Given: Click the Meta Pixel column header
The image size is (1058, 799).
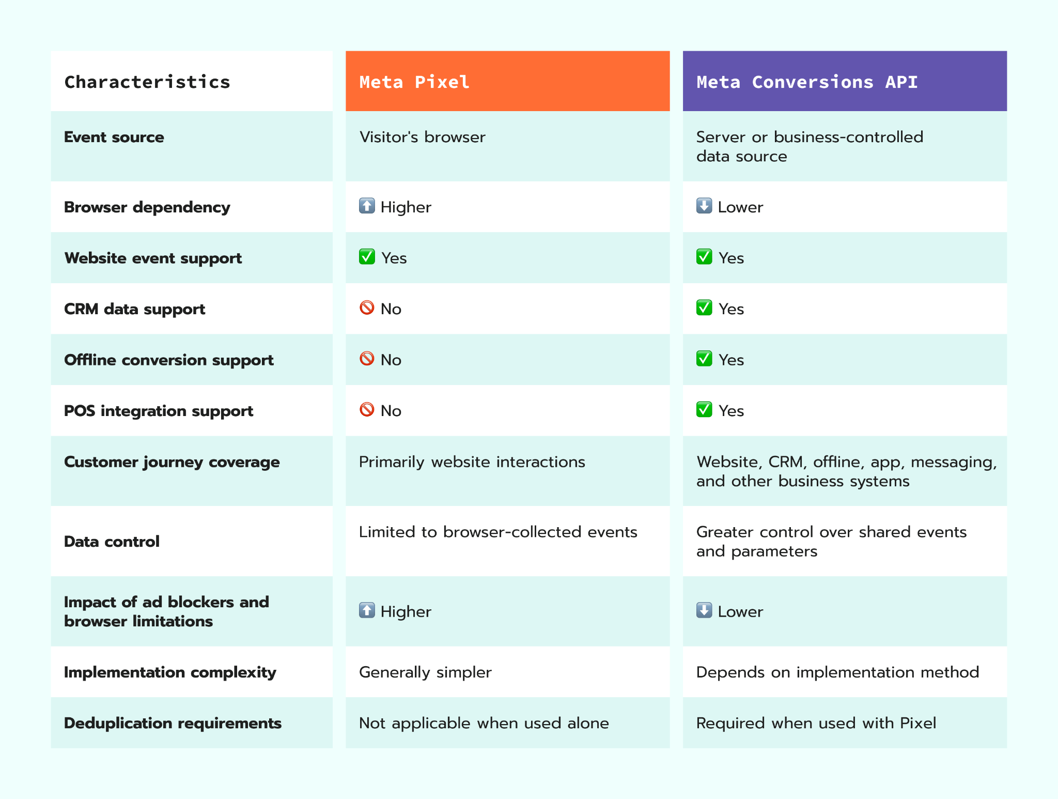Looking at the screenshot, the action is [414, 82].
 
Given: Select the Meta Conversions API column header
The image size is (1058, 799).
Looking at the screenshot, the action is [807, 82].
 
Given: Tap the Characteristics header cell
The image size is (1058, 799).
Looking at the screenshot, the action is [147, 82].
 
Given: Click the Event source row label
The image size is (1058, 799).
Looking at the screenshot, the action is [114, 137].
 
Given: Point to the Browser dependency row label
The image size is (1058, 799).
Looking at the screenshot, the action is [147, 207].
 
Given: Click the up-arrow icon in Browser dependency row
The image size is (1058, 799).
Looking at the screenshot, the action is [367, 206].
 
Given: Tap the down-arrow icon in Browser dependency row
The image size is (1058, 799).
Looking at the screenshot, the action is [704, 206].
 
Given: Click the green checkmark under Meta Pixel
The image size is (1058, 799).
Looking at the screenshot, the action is [367, 256].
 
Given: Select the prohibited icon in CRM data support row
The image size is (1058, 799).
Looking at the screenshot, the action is [367, 308].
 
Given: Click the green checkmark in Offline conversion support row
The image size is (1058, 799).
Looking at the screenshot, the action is [704, 358].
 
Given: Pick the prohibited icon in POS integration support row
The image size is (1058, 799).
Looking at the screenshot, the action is [367, 409].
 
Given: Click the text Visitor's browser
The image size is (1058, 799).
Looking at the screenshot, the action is [422, 137].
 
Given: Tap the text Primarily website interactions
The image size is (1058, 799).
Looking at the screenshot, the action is [472, 462].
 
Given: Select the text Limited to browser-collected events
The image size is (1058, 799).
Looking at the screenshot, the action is [498, 532].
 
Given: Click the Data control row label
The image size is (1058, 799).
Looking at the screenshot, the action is [112, 542].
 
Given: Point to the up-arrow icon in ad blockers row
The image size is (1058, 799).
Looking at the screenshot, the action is [367, 610].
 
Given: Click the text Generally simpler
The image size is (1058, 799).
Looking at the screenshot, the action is [425, 672].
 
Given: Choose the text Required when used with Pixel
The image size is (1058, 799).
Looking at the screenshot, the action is [816, 723].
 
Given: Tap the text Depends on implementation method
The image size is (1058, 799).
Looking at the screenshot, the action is [837, 672].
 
